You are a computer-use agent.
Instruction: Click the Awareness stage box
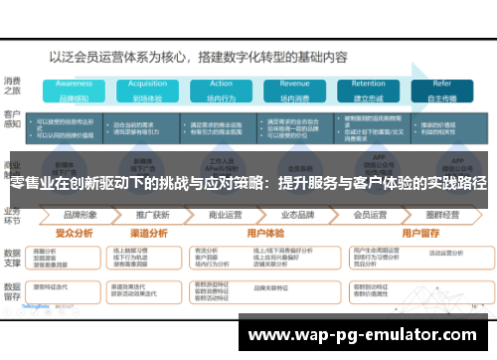pyautogui.click(x=74, y=90)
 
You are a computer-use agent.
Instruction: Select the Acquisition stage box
pyautogui.click(x=145, y=90)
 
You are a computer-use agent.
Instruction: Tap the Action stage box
pyautogui.click(x=221, y=90)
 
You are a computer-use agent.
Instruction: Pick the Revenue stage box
pyautogui.click(x=294, y=90)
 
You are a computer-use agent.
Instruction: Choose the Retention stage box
pyautogui.click(x=368, y=90)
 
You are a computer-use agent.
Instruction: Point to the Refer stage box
pyautogui.click(x=441, y=90)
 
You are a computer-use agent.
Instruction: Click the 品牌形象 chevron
pyautogui.click(x=80, y=214)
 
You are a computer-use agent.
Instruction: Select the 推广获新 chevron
pyautogui.click(x=152, y=214)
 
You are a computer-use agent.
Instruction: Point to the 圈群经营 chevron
pyautogui.click(x=442, y=214)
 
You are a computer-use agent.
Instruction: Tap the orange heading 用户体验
pyautogui.click(x=259, y=232)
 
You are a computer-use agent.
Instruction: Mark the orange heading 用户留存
pyautogui.click(x=408, y=232)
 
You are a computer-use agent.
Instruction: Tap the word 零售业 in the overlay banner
pyautogui.click(x=31, y=184)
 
